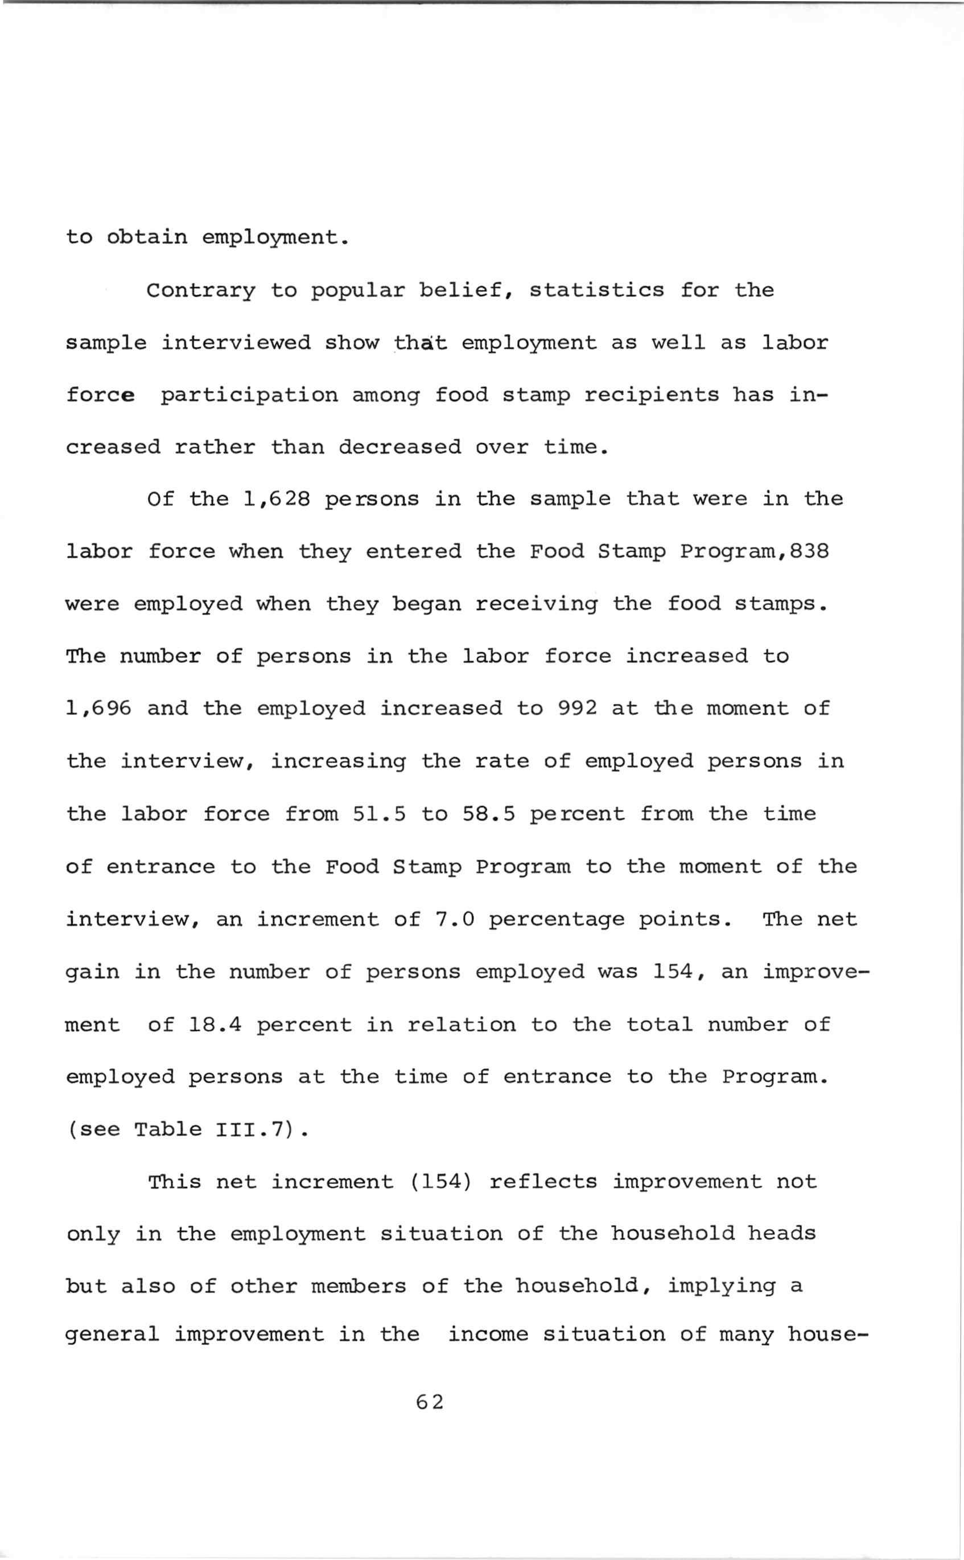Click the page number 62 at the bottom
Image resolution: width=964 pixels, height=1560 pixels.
click(x=429, y=1402)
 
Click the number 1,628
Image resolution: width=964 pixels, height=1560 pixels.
click(x=277, y=499)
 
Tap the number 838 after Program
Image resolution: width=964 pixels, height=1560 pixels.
click(x=809, y=551)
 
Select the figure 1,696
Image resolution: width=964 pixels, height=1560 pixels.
click(x=99, y=709)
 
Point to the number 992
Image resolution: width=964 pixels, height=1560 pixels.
click(x=577, y=709)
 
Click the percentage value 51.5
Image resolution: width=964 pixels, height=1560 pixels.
click(x=379, y=814)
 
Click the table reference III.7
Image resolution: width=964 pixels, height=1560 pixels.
click(x=254, y=1129)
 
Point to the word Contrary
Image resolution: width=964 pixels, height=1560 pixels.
click(x=201, y=291)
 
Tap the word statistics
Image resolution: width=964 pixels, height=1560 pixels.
click(x=597, y=291)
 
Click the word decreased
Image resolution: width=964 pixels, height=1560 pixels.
click(x=399, y=447)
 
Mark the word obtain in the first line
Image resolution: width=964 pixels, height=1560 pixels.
click(x=147, y=238)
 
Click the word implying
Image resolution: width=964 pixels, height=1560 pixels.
click(x=721, y=1286)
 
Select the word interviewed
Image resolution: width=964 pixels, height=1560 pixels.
click(x=236, y=343)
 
